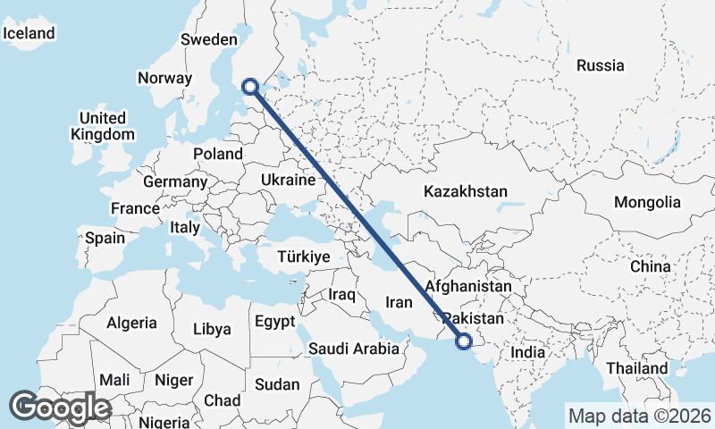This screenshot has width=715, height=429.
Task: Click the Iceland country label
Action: point(29,33)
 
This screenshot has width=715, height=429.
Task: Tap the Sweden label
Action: point(207,39)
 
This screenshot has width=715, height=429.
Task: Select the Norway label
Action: point(164,78)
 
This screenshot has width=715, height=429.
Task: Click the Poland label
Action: point(218,154)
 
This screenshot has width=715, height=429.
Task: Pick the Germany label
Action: point(175,181)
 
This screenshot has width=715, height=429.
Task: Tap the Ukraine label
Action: point(289,181)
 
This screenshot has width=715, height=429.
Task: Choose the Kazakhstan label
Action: point(466,191)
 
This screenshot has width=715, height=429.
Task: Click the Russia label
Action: point(601,65)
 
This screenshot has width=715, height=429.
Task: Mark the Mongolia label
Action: point(647,203)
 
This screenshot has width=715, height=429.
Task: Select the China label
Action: point(650,266)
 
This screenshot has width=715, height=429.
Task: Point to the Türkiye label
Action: point(304,257)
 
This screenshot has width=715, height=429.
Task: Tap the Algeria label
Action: point(131,323)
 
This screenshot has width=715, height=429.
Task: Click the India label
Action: point(527,352)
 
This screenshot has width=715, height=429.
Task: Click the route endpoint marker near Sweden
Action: point(250,87)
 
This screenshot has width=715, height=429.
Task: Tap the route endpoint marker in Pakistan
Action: point(464,340)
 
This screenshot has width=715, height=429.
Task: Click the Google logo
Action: point(60,408)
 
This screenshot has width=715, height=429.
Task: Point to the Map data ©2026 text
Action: point(640,416)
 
